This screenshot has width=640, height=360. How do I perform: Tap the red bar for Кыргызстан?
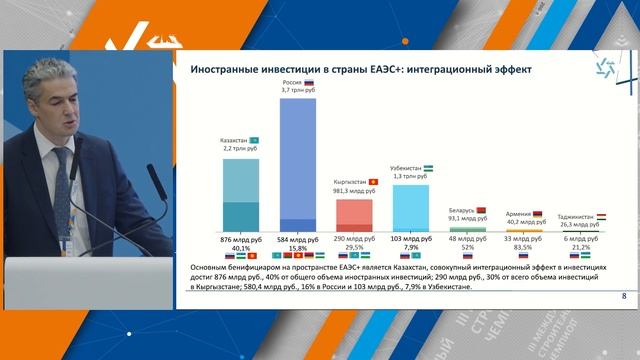354,215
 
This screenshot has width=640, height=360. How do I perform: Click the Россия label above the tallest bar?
292,83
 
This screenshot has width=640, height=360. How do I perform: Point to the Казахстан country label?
234,139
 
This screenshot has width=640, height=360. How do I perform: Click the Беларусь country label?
461,211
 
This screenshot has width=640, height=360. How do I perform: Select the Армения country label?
519,214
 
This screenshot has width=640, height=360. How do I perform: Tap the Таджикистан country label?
576,216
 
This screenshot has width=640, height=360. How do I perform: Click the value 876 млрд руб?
240,240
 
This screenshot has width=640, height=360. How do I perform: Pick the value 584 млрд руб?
297,240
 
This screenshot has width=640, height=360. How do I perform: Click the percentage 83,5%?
525,248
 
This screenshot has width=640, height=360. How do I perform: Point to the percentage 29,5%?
354,248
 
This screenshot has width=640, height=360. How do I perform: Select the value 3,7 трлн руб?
297,91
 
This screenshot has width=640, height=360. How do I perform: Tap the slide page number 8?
624,296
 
